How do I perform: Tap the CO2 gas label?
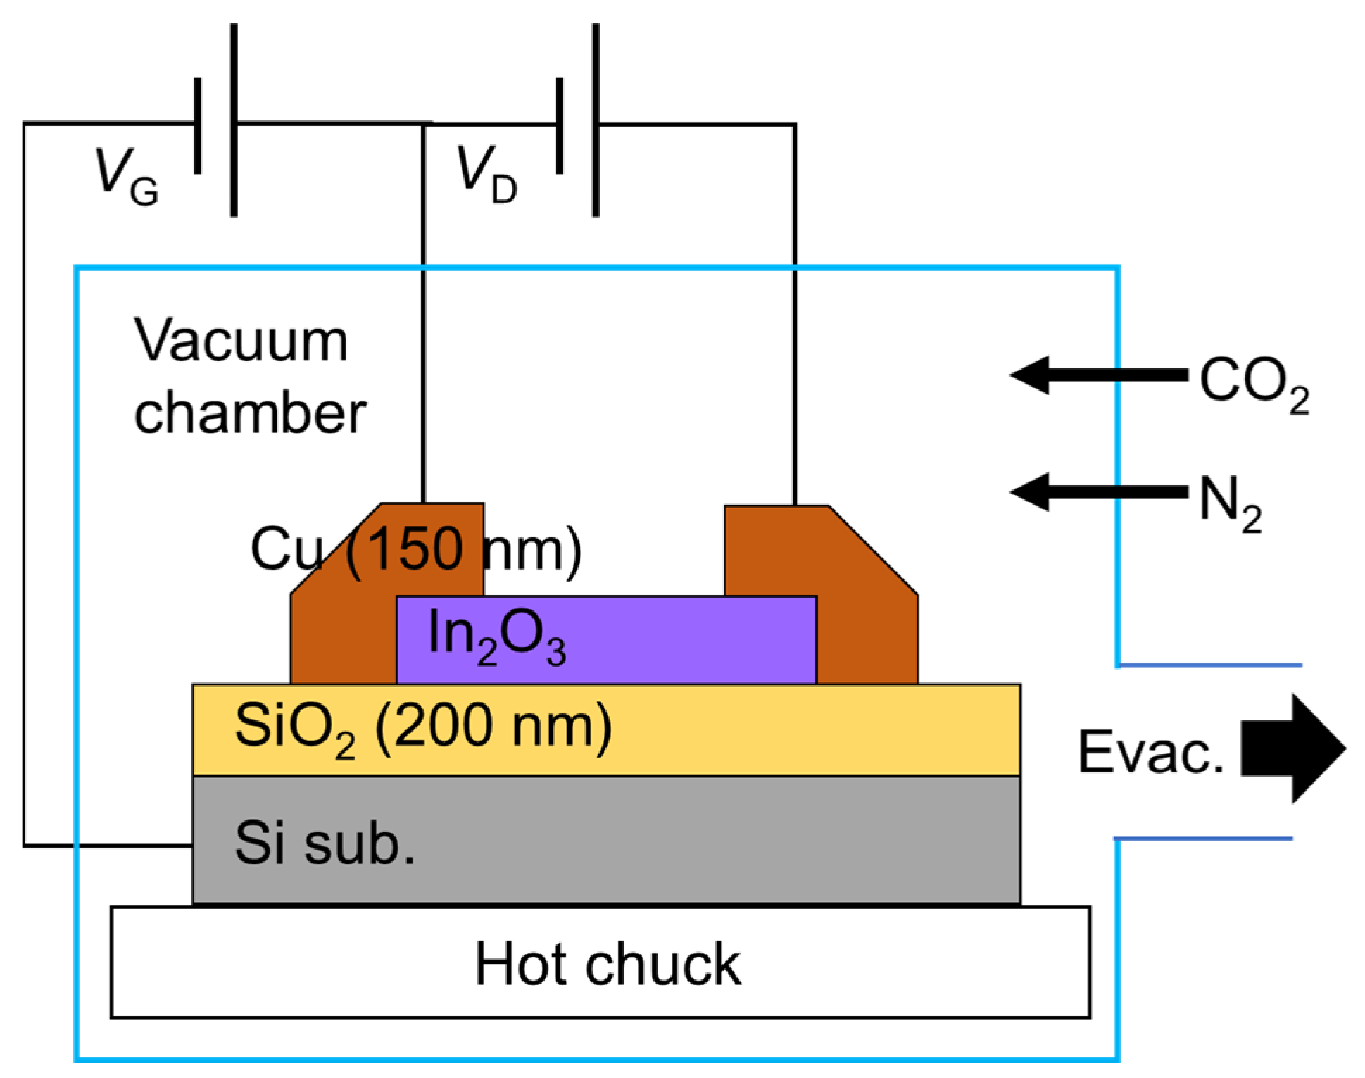pos(1253,384)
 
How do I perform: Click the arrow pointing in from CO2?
pos(1098,375)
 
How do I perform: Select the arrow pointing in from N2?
pos(1098,492)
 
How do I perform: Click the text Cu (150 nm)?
pos(415,549)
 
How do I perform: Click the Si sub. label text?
pos(325,843)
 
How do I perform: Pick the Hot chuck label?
pos(607,965)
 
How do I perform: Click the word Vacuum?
pos(241,341)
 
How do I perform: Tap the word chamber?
pos(250,413)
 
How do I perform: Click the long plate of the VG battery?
pos(234,120)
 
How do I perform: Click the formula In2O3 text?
pos(496,636)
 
